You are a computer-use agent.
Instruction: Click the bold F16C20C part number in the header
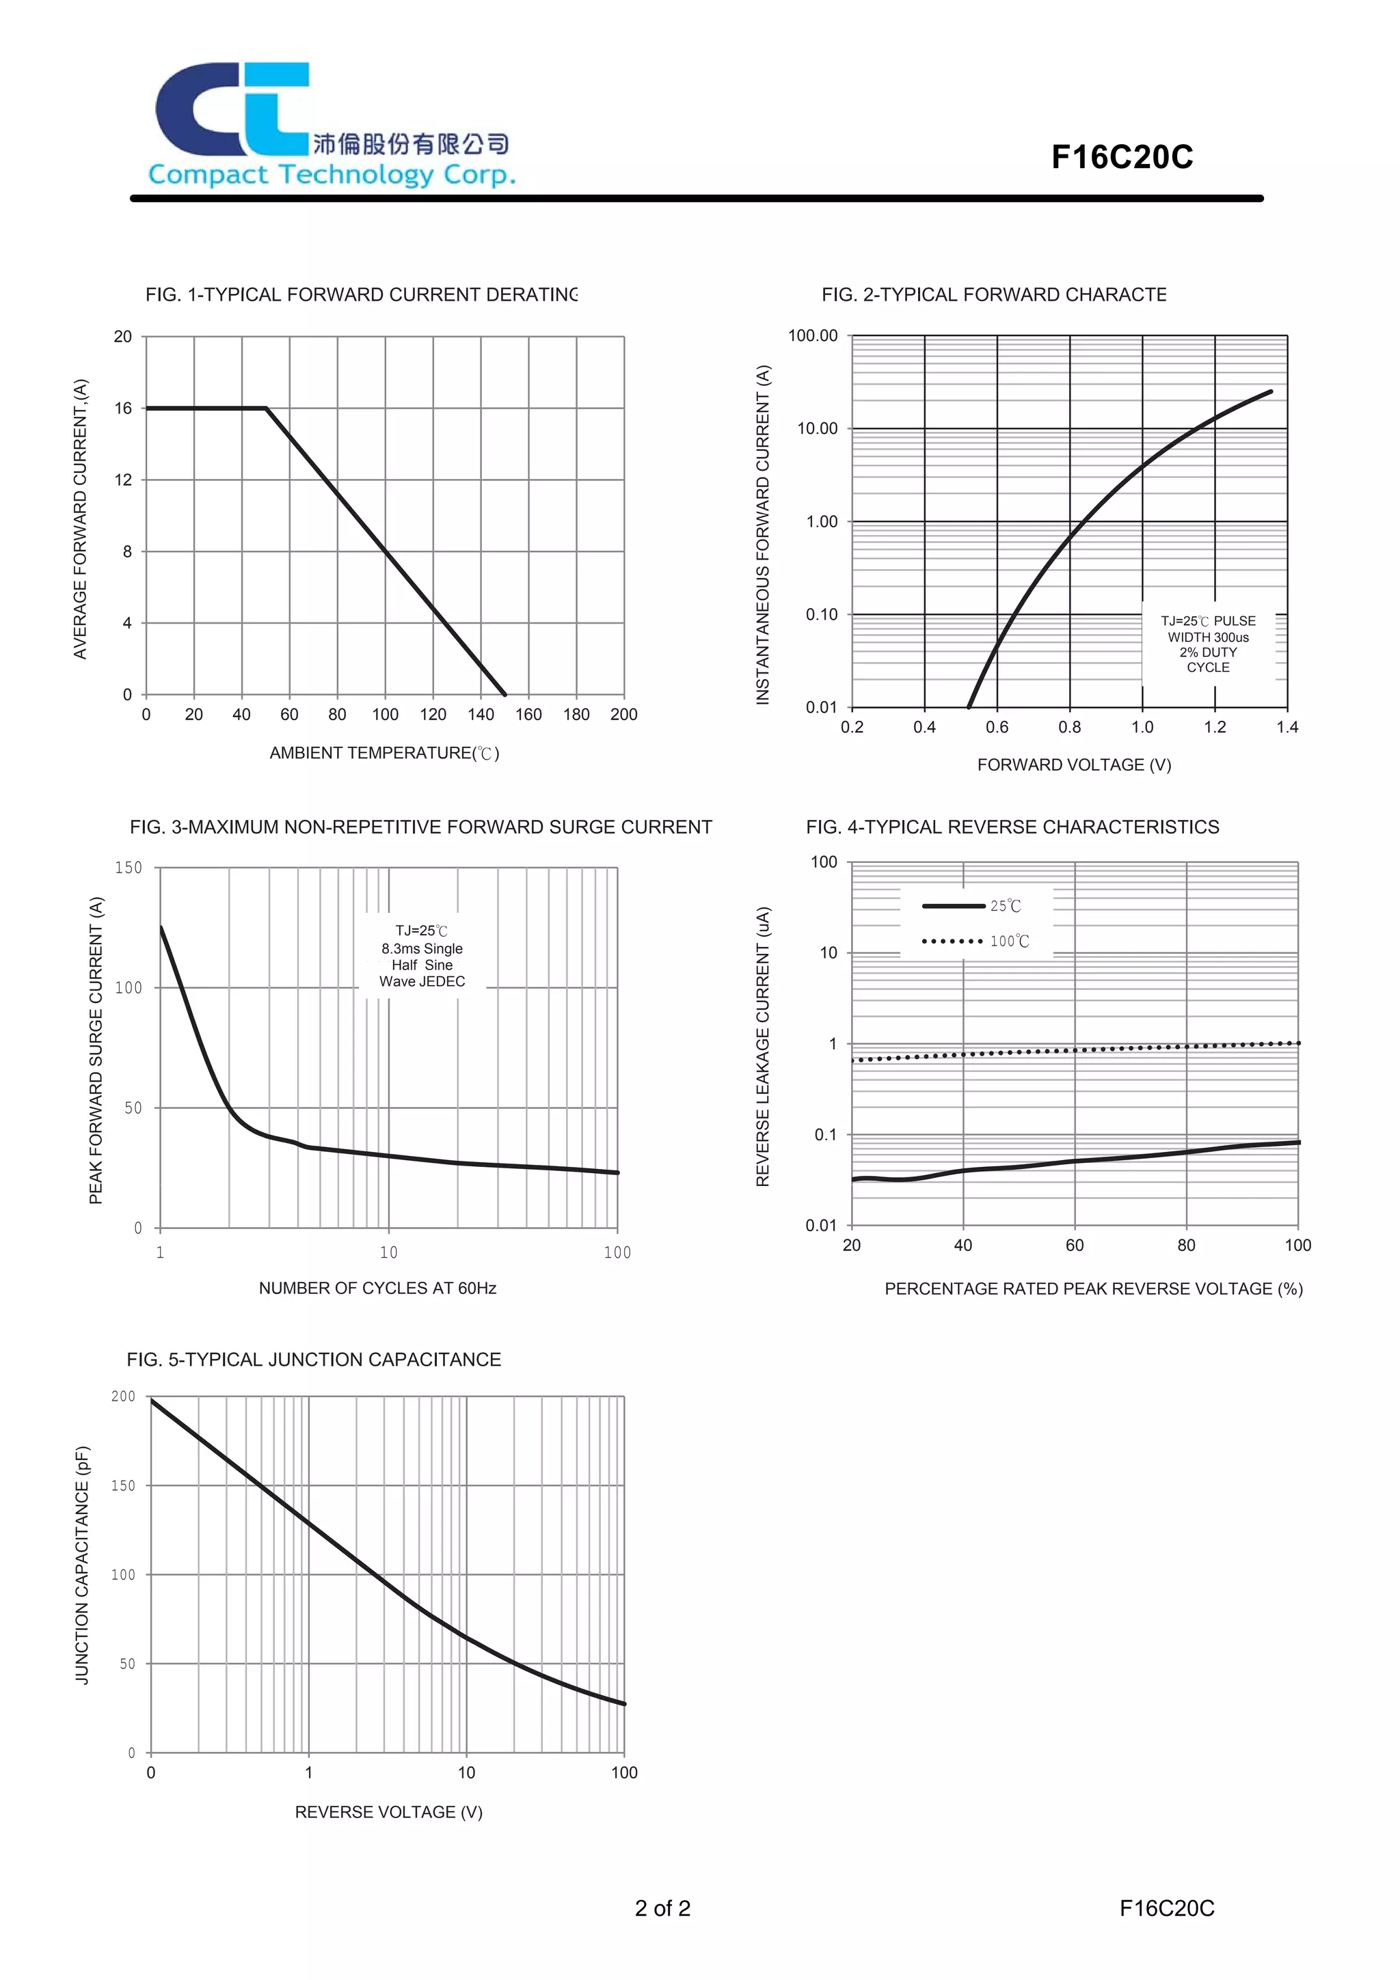1121,157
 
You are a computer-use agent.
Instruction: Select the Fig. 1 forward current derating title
362,295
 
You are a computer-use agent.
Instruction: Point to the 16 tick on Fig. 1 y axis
123,408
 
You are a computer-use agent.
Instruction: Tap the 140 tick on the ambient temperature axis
481,714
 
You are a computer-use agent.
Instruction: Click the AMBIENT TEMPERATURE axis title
385,753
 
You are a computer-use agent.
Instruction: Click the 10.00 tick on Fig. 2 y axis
817,428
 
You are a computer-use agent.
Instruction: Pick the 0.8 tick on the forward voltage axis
1070,727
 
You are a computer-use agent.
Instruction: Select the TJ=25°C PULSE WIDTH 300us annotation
1208,644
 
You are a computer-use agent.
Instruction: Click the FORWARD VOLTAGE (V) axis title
1074,765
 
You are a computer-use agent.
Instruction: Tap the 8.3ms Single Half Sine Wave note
422,957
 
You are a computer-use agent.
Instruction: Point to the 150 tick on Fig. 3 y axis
129,868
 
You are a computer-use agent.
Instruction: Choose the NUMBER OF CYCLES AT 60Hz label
378,1289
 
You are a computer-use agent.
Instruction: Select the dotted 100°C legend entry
975,941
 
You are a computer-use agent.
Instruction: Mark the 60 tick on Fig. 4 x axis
1075,1246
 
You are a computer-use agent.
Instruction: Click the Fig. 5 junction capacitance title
314,1360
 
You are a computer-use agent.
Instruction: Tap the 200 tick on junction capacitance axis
123,1396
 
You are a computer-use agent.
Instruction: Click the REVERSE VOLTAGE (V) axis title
389,1813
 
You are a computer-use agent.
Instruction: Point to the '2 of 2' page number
662,1909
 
